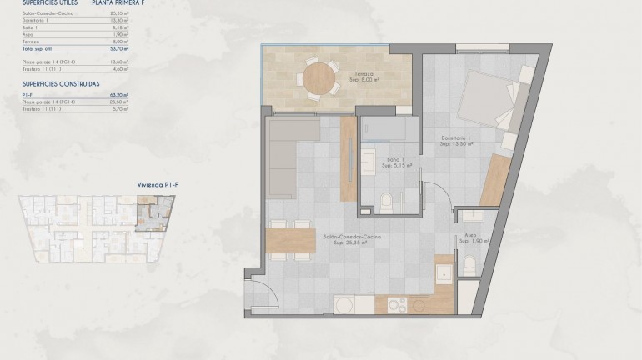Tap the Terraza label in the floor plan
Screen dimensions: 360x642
tap(364, 77)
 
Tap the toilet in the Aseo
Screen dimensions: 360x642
tap(469, 267)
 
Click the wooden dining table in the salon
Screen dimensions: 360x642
tap(291, 240)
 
